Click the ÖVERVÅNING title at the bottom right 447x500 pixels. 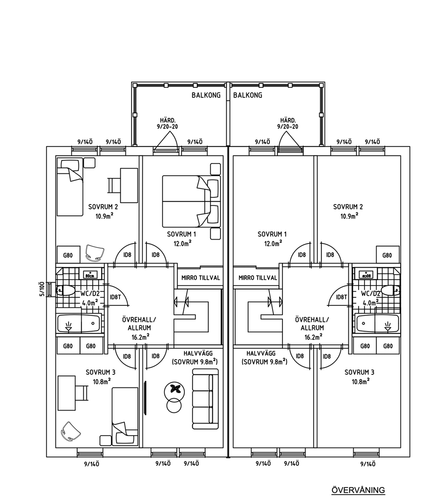point(358,490)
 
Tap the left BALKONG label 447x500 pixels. point(206,95)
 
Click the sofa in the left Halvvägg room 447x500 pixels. point(205,399)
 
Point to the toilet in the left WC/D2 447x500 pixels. point(66,291)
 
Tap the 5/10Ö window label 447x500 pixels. point(41,289)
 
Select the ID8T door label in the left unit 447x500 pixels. point(115,297)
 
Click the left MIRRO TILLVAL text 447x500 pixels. point(201,278)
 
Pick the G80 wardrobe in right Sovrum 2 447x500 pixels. point(388,254)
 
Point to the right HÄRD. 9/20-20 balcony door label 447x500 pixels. point(288,123)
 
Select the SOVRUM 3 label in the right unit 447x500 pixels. point(359,372)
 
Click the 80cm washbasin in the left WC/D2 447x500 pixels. point(90,275)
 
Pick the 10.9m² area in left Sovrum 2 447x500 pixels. point(105,216)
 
